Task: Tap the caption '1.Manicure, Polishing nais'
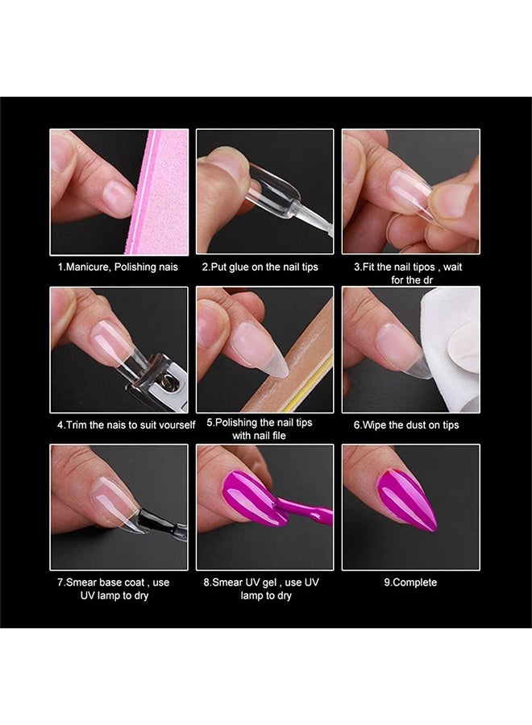coord(118,267)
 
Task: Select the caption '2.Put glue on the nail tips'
coord(264,267)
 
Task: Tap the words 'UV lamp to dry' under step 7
coord(113,595)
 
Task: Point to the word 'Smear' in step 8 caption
coord(229,582)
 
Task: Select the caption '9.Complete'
coord(410,582)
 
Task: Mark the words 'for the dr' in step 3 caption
coord(411,280)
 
